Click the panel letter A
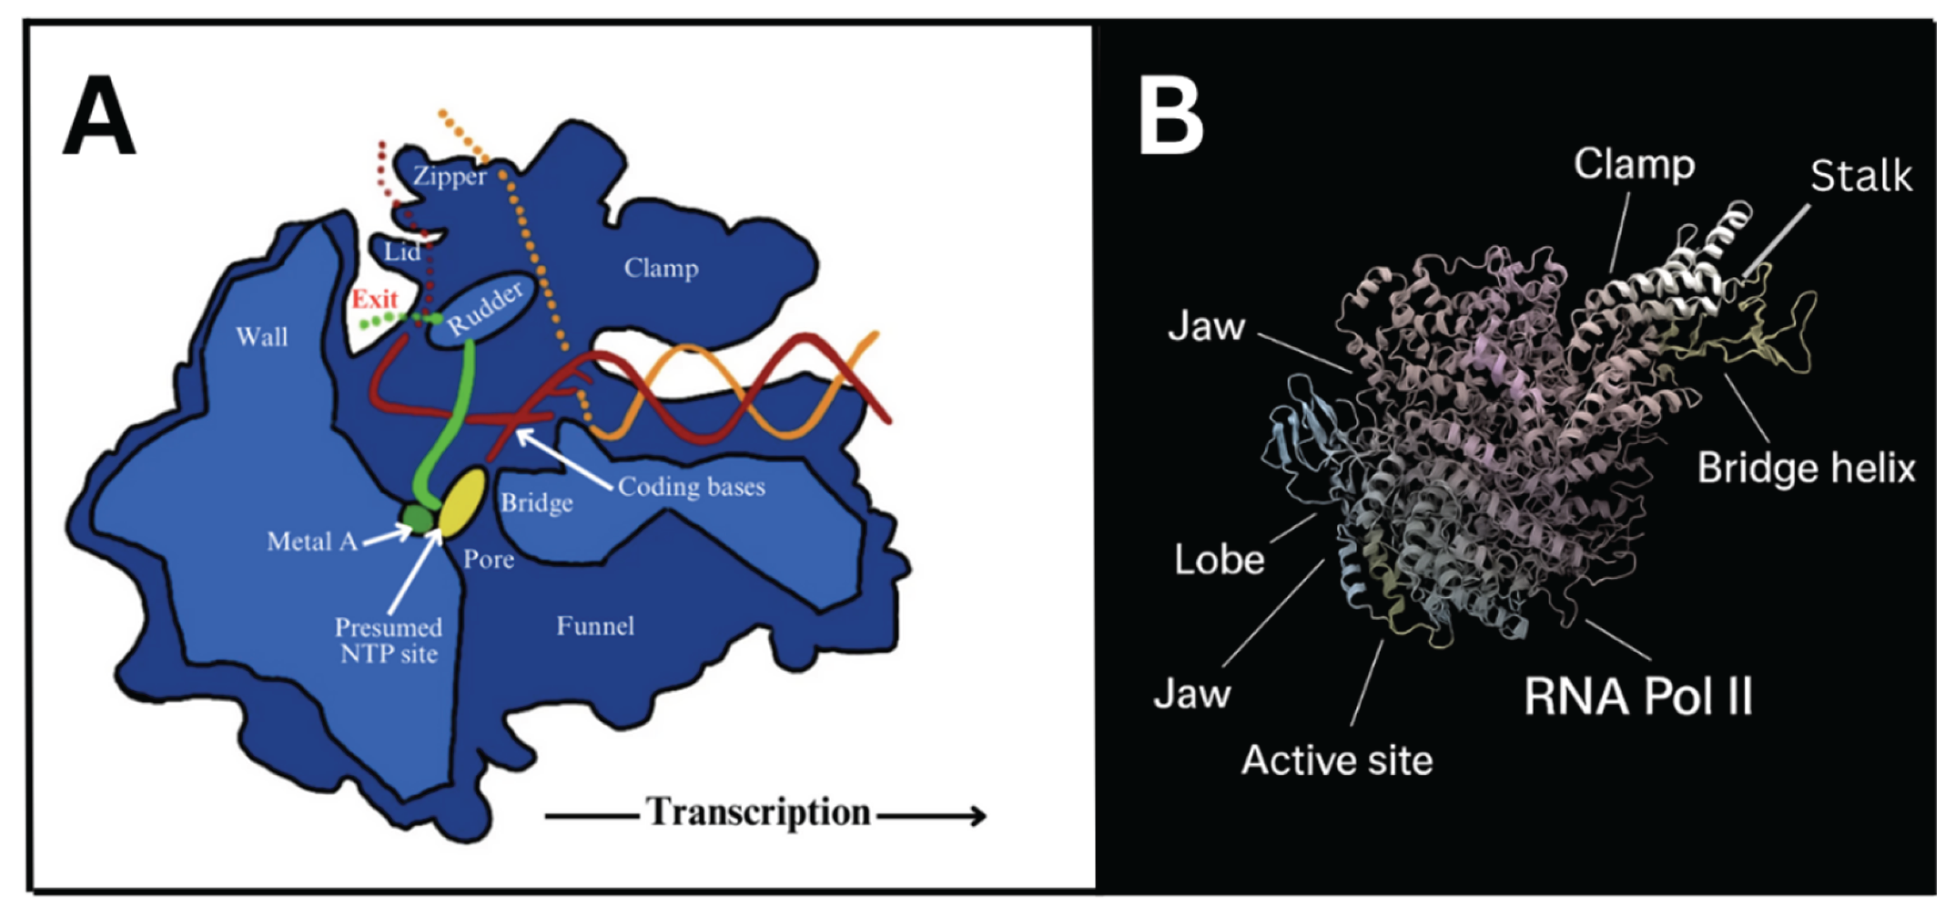99,115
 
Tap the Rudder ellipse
484,308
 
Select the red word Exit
374,299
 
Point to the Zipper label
449,176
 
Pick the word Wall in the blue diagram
262,336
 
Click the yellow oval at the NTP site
462,502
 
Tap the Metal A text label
312,541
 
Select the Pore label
488,559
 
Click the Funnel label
596,626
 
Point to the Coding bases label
691,487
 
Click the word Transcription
758,813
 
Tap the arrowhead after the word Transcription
978,817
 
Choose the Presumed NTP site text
388,641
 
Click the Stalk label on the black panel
1861,177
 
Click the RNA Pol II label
1638,696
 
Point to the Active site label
1336,760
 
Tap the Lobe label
1219,560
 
